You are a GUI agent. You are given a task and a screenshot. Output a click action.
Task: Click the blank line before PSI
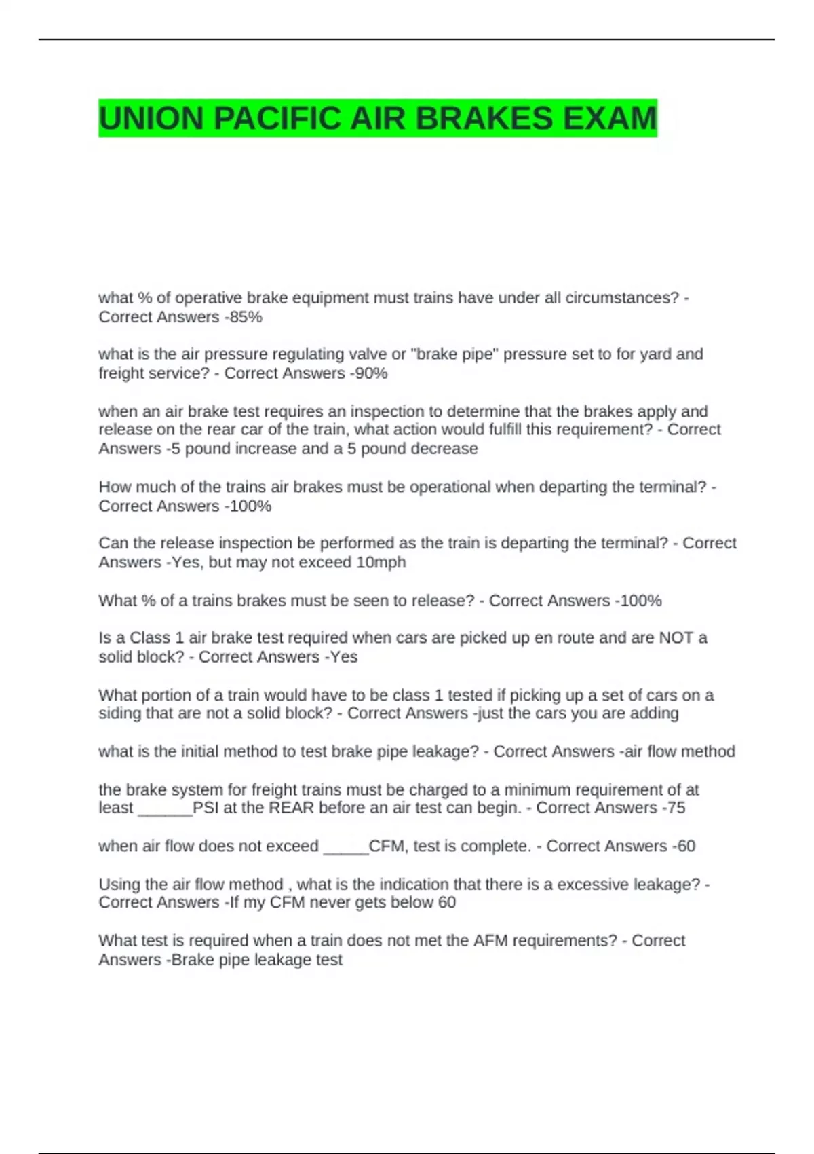[165, 809]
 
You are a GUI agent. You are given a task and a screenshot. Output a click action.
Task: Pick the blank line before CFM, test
[346, 847]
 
